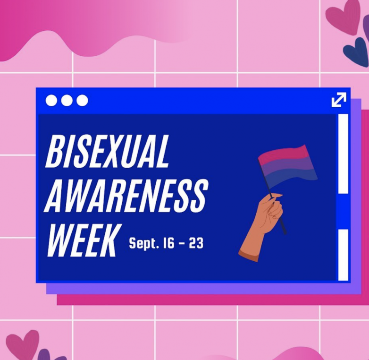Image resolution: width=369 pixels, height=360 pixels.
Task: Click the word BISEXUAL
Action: (107, 151)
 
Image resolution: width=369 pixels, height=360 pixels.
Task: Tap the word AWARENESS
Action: (126, 195)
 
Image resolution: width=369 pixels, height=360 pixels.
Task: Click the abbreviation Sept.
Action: (143, 243)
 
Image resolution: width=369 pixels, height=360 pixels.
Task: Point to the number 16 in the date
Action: (169, 243)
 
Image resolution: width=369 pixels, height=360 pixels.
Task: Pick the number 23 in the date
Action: (196, 243)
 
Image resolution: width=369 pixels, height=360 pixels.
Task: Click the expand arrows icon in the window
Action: (339, 100)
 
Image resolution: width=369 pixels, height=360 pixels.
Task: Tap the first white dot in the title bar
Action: (51, 101)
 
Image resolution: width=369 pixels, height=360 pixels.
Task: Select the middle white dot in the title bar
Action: (67, 101)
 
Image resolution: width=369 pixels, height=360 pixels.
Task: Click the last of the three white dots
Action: (83, 101)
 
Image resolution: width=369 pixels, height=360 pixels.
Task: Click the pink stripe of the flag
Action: (284, 154)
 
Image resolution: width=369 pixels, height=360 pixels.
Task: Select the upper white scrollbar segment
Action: (343, 154)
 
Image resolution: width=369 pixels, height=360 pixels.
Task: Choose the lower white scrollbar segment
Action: (343, 255)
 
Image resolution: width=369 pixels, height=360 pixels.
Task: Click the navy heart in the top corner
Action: (356, 52)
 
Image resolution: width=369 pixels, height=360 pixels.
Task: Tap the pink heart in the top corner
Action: (343, 17)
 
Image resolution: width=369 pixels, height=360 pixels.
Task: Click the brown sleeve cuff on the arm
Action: (249, 257)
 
